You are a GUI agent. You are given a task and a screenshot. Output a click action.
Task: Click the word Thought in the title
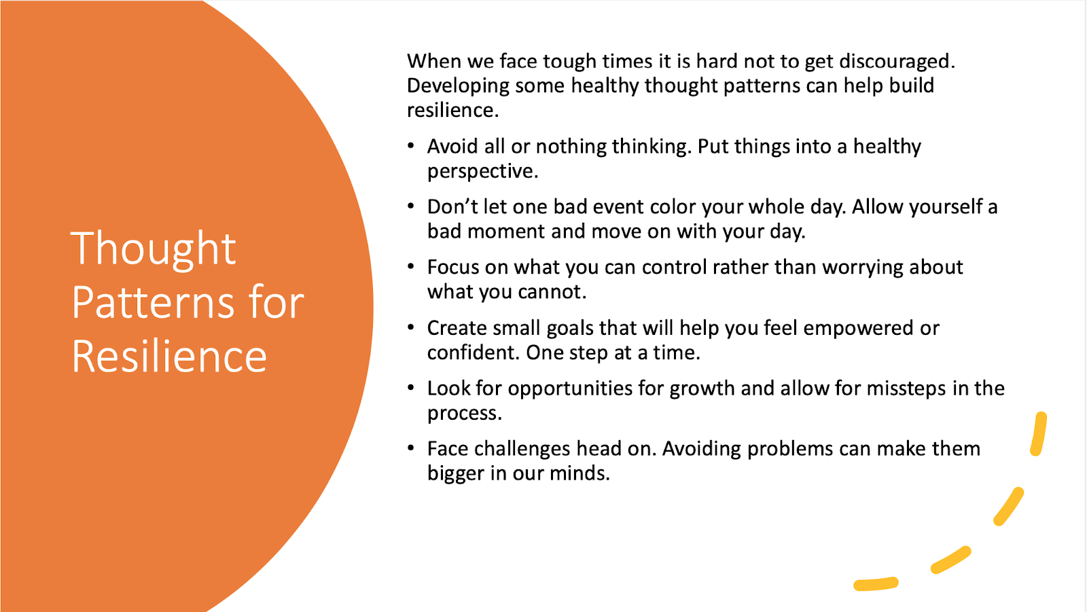coord(154,249)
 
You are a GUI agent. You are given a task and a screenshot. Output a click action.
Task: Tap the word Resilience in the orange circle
coord(169,356)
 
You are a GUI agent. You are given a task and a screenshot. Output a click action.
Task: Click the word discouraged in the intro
coord(897,61)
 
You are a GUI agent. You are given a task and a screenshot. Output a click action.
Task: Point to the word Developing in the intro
coord(458,86)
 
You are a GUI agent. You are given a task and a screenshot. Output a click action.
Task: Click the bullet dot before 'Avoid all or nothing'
coord(411,145)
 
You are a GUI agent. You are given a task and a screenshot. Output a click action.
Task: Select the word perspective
coord(482,172)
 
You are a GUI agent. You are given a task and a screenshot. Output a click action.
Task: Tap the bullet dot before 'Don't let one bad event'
coord(411,206)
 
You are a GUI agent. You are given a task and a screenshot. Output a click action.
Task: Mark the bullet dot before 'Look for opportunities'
coord(411,388)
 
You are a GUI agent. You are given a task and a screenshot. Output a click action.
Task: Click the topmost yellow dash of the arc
coord(1039,434)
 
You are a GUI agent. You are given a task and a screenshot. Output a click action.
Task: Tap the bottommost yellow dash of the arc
coord(876,584)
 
